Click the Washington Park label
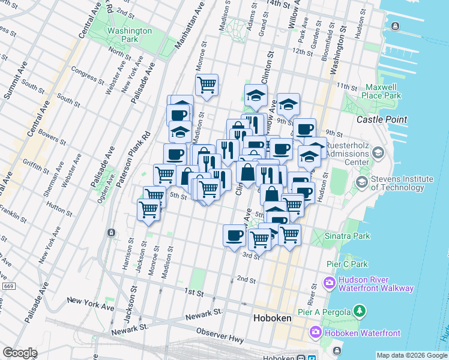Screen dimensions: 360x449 pos(129,35)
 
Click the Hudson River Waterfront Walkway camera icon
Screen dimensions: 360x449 pos(330,282)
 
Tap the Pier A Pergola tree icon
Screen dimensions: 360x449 pos(360,310)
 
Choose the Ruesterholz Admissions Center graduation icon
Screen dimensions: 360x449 pos(378,153)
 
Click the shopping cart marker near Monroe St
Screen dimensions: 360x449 pos(206,85)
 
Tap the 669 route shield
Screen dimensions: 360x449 pos(8,286)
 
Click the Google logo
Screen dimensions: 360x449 pos(20,353)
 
